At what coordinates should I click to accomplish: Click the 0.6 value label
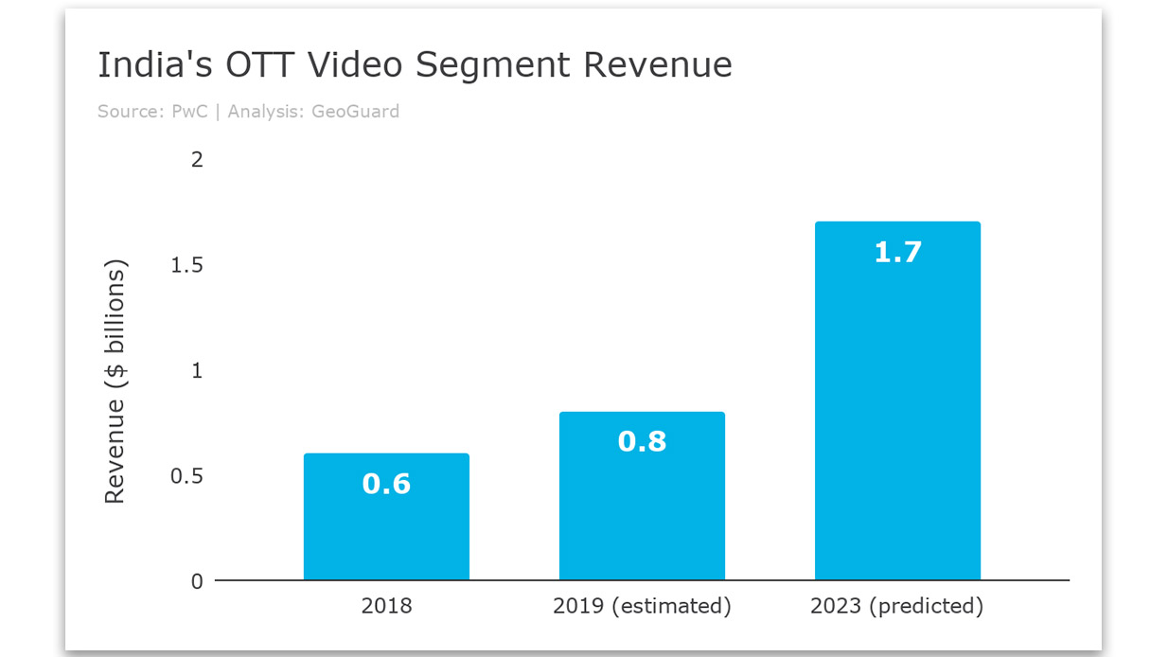(386, 484)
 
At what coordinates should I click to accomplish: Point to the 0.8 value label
(642, 441)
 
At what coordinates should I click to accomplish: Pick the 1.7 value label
(897, 252)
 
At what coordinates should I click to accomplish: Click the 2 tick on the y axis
(197, 159)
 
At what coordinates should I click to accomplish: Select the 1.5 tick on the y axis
(186, 265)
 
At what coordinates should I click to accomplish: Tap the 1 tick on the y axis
(197, 370)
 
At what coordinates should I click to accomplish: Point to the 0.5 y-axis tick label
(186, 475)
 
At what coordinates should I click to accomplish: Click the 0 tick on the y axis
(197, 581)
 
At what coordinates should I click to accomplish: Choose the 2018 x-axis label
(386, 606)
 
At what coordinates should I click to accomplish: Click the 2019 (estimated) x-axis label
(642, 606)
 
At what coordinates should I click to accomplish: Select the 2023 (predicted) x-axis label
(896, 606)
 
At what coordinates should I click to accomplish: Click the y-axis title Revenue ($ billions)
(115, 384)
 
